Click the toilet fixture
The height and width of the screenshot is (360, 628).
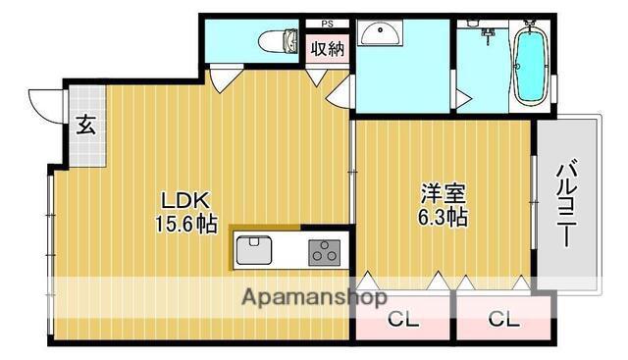click(279, 41)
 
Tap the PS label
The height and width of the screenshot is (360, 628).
click(327, 24)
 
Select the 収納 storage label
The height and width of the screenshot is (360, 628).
click(328, 49)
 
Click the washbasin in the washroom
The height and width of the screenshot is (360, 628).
click(380, 33)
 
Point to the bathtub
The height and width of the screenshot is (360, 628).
click(531, 67)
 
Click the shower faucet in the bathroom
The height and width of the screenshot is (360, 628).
click(488, 36)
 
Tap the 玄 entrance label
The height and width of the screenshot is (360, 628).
click(85, 125)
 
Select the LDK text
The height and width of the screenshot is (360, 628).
click(185, 201)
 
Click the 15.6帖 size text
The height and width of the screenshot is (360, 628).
click(186, 225)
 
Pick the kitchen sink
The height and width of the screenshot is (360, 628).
click(254, 250)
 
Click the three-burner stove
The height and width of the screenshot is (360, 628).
click(325, 253)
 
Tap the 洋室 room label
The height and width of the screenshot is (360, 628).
click(443, 193)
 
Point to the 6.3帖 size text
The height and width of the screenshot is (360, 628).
click(443, 218)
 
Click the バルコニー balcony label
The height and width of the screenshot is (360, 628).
click(567, 203)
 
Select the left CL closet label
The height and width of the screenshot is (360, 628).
click(403, 320)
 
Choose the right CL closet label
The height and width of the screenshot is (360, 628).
click(503, 320)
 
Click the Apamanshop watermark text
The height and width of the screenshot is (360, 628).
click(315, 297)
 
